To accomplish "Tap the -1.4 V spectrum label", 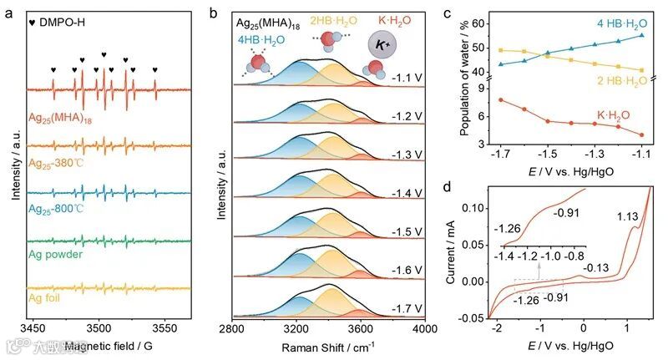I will [x=406, y=193].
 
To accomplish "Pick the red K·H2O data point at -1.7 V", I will [x=500, y=100].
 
